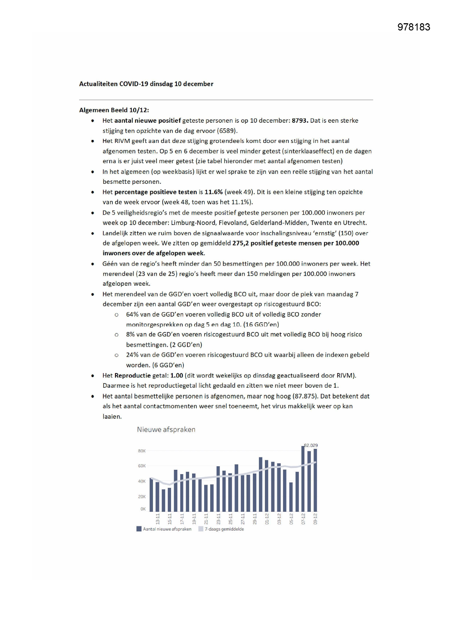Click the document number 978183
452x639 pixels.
point(413,27)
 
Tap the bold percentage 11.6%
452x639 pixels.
point(213,192)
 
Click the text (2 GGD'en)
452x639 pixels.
point(186,345)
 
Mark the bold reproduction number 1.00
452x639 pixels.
point(177,376)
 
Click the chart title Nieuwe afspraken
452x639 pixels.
point(166,429)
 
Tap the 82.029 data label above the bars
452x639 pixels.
point(311,445)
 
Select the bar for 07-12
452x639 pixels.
point(303,479)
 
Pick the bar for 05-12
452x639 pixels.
point(291,497)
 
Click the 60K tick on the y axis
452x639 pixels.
point(142,466)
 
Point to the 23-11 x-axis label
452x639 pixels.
point(219,519)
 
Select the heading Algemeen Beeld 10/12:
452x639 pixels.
point(114,110)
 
